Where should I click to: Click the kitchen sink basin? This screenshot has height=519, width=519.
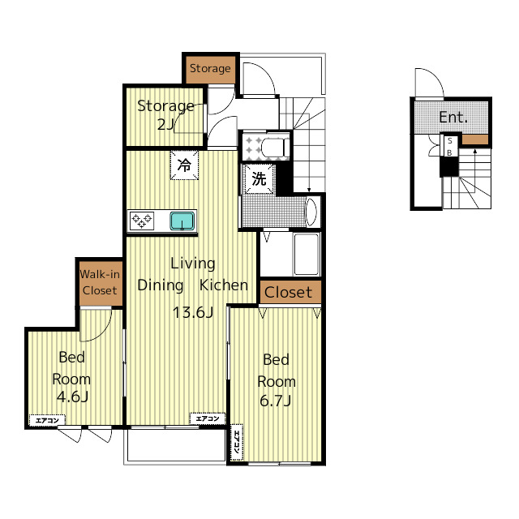point(182,221)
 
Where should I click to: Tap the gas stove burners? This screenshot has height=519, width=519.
point(142,221)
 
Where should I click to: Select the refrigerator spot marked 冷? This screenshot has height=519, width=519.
point(184,165)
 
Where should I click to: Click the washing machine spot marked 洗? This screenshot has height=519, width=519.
point(259,179)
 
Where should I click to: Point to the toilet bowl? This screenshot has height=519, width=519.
point(275,146)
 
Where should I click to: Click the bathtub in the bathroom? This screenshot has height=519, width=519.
point(307,254)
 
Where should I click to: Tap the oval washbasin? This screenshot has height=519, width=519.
point(311,212)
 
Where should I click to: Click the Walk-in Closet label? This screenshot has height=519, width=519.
point(100,282)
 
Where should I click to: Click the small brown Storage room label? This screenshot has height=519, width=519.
point(210,68)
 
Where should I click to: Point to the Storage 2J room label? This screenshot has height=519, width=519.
point(165,114)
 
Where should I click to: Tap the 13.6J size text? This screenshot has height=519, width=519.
point(193,312)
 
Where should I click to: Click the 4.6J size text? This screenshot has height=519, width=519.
point(72,397)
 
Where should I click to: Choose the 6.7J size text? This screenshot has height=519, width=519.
point(276,401)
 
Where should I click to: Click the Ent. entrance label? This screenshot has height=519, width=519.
point(453,118)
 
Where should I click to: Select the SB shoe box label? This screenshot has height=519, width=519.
point(449,147)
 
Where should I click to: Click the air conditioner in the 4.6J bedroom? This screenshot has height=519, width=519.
point(47,420)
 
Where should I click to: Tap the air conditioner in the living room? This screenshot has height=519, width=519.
point(208,418)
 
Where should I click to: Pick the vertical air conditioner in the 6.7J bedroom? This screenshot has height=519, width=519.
point(237,442)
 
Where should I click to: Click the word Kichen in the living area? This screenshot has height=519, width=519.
point(224,285)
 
